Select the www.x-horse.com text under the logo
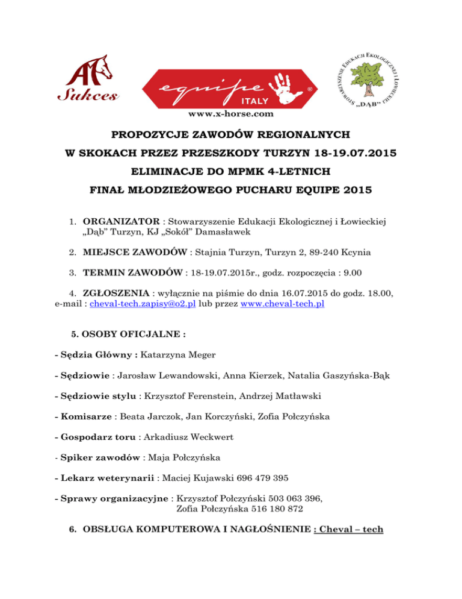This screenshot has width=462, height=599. [x=231, y=113]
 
